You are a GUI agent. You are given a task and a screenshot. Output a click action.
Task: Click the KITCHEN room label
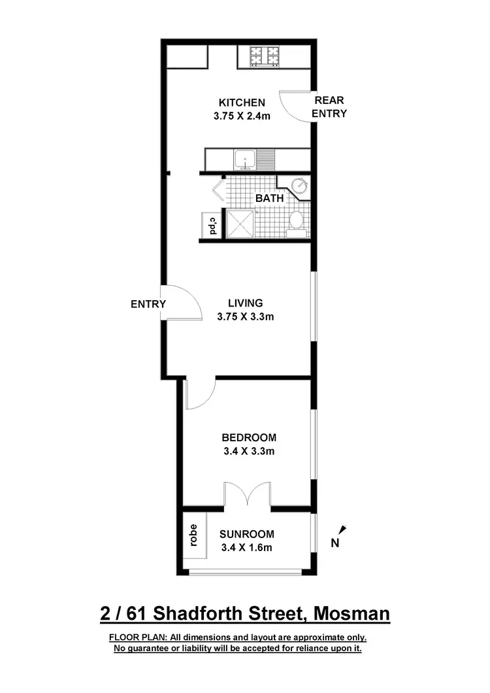tap(242, 103)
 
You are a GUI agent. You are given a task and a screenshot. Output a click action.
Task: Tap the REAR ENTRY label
tap(329, 107)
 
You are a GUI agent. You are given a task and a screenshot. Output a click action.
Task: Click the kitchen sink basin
tap(246, 159)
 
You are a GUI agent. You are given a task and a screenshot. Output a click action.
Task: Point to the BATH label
tap(269, 197)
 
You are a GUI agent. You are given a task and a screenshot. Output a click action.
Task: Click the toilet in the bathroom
tap(296, 220)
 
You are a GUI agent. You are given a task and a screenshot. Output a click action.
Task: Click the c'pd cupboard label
tap(211, 226)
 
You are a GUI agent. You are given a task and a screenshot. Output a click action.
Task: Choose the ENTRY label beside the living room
tap(148, 304)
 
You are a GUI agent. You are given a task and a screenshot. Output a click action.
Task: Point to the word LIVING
tap(245, 303)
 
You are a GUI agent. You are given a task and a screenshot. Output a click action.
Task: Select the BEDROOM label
tap(248, 437)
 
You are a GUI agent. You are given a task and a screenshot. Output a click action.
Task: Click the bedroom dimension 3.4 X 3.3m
tap(248, 451)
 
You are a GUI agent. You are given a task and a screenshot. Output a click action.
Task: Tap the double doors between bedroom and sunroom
tap(247, 495)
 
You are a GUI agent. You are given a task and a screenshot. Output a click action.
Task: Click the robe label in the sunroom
tap(193, 535)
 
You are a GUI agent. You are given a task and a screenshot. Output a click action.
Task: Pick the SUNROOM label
tap(247, 533)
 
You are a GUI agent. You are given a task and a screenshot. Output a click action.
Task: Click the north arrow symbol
tap(342, 531)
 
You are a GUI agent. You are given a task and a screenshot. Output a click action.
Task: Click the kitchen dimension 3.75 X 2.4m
tap(242, 116)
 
